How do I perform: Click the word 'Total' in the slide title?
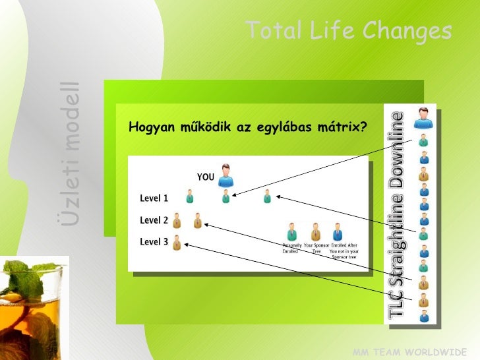270,30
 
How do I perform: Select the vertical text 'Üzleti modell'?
71,153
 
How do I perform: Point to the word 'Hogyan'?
152,127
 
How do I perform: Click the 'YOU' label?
206,177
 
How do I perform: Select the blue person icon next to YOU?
226,175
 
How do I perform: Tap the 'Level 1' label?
154,198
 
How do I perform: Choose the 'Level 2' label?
154,220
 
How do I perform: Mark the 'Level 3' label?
154,242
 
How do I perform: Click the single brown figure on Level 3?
177,244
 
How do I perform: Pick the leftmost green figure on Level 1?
190,196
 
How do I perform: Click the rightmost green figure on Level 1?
267,196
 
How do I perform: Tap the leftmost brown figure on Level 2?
177,221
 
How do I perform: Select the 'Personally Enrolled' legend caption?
291,248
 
